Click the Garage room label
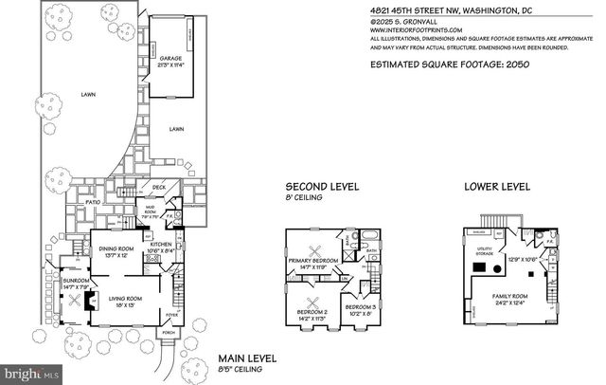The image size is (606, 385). pos(170,60)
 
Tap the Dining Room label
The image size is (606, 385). pos(119,250)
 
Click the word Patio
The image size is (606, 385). pos(93,202)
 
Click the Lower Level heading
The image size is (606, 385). pos(494,187)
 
